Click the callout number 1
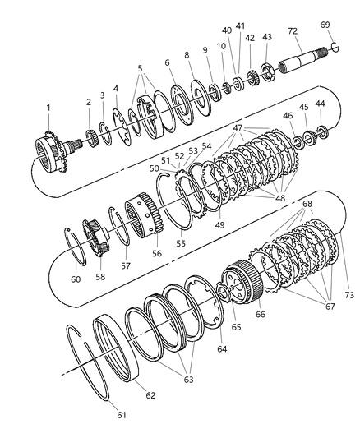click(x=48, y=108)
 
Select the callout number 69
click(x=325, y=25)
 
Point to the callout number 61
click(x=122, y=415)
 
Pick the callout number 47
click(x=239, y=129)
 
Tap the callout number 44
click(x=320, y=104)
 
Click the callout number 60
click(x=76, y=279)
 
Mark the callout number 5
click(x=140, y=69)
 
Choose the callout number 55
click(x=182, y=244)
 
